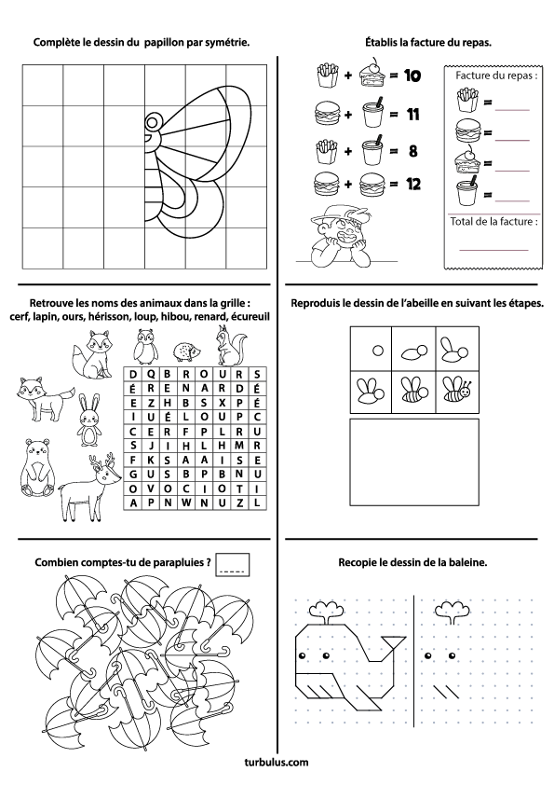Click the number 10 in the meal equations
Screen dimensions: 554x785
(x=412, y=76)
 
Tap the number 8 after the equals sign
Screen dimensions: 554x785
(x=413, y=151)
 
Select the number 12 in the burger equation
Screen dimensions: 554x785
(x=413, y=185)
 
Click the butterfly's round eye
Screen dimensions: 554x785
(x=154, y=121)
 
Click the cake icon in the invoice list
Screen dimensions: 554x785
(x=467, y=160)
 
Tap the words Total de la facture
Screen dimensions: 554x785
(x=494, y=221)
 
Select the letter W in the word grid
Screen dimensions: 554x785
(x=185, y=503)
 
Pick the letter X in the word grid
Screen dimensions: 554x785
(x=222, y=403)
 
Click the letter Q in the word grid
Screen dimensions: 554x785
(x=151, y=374)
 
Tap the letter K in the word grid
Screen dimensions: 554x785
(x=151, y=460)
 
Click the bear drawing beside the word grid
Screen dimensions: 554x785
(x=36, y=468)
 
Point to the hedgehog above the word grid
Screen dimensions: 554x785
(x=187, y=351)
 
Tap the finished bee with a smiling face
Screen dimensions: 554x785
(x=457, y=391)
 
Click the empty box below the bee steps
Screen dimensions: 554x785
(x=414, y=462)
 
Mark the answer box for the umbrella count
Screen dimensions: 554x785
(x=233, y=565)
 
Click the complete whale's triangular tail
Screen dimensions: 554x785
(x=394, y=644)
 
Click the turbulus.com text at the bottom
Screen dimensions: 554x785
(x=277, y=763)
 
